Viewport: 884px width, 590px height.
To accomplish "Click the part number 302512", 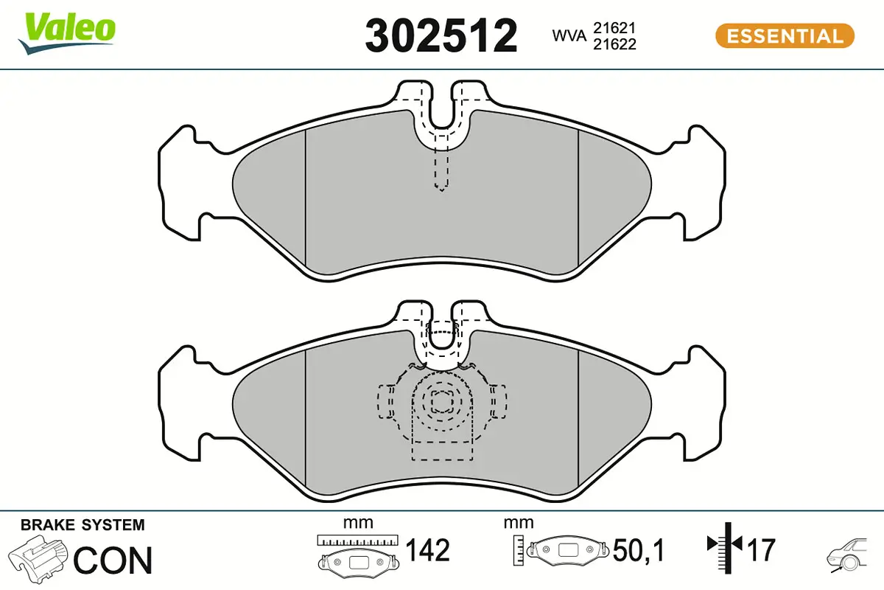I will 441,35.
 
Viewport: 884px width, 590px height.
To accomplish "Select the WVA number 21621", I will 615,28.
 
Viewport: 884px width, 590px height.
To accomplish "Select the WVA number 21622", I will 615,44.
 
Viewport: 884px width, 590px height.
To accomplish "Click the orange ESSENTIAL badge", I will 785,35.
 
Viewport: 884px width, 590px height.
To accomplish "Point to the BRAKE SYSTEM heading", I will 83,525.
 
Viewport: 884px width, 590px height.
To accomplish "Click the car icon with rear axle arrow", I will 847,555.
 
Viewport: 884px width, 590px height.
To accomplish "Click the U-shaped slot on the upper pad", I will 441,118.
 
